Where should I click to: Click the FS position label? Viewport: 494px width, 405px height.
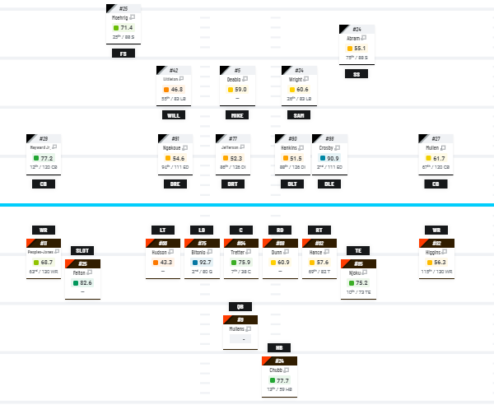tap(123, 54)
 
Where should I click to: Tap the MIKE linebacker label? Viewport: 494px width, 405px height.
tap(237, 115)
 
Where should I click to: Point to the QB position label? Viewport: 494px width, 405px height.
tap(240, 306)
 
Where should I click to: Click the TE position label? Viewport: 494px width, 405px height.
tap(357, 250)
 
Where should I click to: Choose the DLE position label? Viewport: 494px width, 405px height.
tap(329, 184)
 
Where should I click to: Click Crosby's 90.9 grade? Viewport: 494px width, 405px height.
tap(333, 158)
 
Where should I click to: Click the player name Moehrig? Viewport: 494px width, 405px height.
tap(120, 16)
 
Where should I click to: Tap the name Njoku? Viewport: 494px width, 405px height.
tap(354, 273)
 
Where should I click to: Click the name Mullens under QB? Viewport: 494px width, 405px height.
tap(237, 329)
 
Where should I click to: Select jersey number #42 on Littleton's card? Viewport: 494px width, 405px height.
tap(174, 71)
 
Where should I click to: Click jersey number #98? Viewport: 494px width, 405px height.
tap(329, 139)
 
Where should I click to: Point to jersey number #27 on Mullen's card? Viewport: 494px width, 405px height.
tap(436, 139)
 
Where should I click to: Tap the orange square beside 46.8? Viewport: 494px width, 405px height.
tap(165, 89)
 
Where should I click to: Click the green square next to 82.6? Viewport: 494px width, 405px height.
tap(75, 282)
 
